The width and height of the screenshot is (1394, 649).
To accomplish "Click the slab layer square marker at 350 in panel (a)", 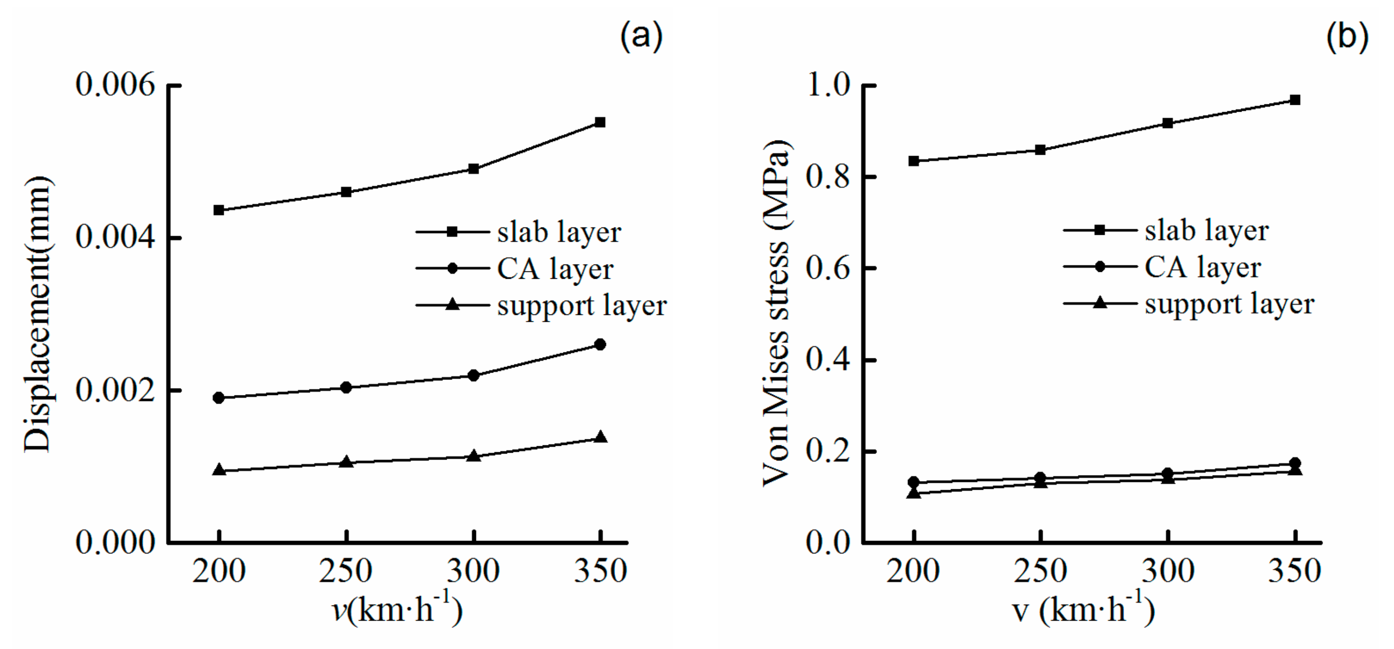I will [x=600, y=122].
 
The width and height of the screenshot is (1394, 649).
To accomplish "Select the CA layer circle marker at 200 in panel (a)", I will [x=219, y=398].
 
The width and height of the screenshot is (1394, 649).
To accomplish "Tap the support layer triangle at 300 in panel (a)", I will [x=474, y=455].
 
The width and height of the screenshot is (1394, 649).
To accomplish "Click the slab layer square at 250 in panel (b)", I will [x=1040, y=150].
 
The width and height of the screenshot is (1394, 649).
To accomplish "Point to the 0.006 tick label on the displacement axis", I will [x=115, y=85].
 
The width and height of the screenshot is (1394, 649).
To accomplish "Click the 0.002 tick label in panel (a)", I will [x=115, y=390].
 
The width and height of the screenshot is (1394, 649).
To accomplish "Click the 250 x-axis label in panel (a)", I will [x=346, y=571].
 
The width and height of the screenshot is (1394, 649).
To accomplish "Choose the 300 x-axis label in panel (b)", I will [x=1168, y=571].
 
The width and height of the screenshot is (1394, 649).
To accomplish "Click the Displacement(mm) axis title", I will [x=38, y=314].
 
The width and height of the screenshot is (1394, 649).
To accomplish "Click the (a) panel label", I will [x=641, y=37].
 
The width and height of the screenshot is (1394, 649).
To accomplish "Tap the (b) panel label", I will [x=1347, y=37].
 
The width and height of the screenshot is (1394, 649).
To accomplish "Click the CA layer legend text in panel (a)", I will [x=555, y=269].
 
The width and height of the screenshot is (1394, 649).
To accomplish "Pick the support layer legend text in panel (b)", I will [x=1230, y=304].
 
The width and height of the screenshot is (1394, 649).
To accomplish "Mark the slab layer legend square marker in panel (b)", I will [x=1100, y=230].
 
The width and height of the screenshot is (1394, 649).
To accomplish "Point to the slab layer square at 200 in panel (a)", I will [x=219, y=210].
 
